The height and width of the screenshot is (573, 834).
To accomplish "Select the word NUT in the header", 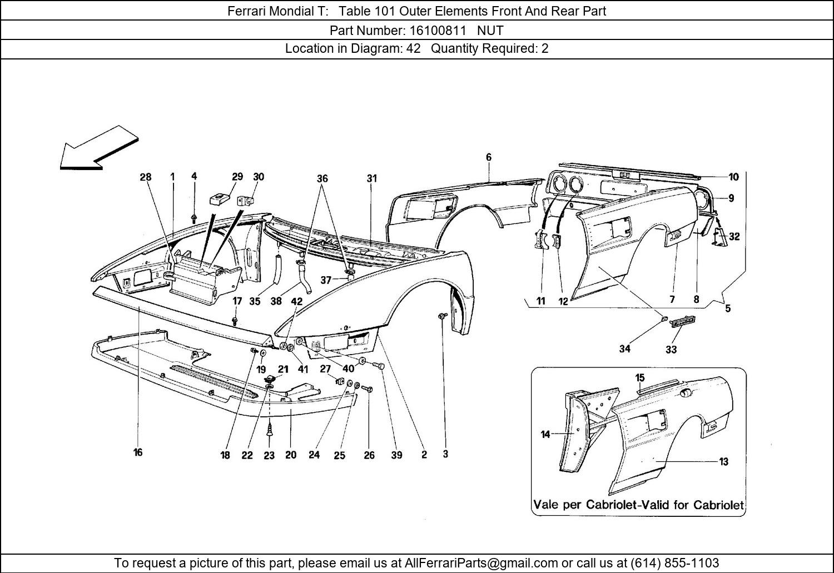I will click(x=490, y=30).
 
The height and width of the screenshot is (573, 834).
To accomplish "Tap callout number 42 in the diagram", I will click(x=297, y=301).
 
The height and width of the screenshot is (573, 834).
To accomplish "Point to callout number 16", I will click(x=138, y=452).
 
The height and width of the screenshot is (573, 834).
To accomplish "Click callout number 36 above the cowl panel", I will click(x=322, y=178).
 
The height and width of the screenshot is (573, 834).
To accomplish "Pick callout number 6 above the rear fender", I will click(x=489, y=157).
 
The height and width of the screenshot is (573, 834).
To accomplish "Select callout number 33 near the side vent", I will click(x=671, y=350).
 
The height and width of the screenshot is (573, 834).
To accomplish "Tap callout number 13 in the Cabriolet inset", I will click(x=724, y=461).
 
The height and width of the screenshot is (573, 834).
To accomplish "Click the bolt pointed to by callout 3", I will click(x=442, y=316).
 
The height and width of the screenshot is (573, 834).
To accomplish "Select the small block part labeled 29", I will click(x=220, y=198).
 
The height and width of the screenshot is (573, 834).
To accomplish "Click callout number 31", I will click(x=372, y=178).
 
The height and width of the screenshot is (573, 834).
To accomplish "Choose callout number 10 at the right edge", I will click(x=734, y=177).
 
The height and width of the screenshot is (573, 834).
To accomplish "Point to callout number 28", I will click(x=145, y=177).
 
